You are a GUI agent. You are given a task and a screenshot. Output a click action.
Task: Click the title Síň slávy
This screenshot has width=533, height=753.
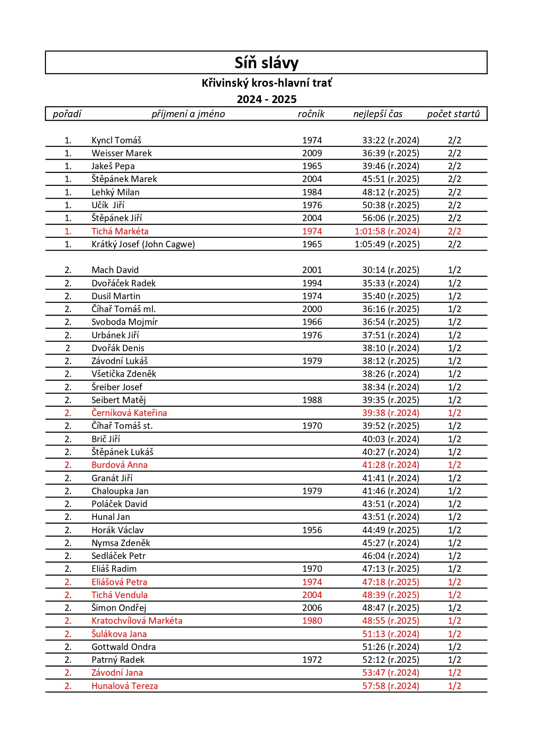266,63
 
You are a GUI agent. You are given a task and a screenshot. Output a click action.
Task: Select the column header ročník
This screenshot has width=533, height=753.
311,114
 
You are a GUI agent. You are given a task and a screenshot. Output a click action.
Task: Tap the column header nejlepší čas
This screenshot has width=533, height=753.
378,114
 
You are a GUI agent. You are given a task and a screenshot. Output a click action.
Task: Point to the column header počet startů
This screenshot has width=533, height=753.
453,114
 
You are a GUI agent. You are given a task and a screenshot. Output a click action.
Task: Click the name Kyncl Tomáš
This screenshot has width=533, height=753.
116,140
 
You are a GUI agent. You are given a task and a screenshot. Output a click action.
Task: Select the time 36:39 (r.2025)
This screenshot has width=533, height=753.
391,153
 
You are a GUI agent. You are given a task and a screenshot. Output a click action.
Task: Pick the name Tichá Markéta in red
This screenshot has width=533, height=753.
120,231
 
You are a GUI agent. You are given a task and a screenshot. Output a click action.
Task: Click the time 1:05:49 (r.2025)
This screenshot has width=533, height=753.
387,244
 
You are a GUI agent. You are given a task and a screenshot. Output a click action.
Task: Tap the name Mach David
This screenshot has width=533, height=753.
115,270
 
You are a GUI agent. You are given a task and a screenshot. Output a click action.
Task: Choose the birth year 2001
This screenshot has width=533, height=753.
312,270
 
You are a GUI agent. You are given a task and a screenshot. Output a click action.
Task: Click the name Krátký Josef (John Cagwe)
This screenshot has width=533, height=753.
143,244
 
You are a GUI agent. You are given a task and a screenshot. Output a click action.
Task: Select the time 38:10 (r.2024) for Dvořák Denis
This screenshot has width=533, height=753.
391,348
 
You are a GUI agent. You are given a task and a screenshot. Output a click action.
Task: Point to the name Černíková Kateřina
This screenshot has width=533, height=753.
129,413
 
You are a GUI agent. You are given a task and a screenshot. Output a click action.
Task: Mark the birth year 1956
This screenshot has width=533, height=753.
312,530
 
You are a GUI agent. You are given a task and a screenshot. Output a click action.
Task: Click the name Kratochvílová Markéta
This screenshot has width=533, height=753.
137,621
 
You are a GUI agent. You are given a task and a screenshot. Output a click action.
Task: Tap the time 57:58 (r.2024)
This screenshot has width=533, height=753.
391,686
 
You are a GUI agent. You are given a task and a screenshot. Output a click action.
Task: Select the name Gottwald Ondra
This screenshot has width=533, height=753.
123,647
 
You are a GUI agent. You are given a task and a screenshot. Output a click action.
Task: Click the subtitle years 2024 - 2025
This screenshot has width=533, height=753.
266,99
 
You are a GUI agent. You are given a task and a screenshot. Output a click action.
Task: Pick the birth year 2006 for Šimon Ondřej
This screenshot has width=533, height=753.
312,608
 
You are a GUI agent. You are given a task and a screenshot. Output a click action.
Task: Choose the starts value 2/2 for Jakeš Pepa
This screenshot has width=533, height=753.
454,166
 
